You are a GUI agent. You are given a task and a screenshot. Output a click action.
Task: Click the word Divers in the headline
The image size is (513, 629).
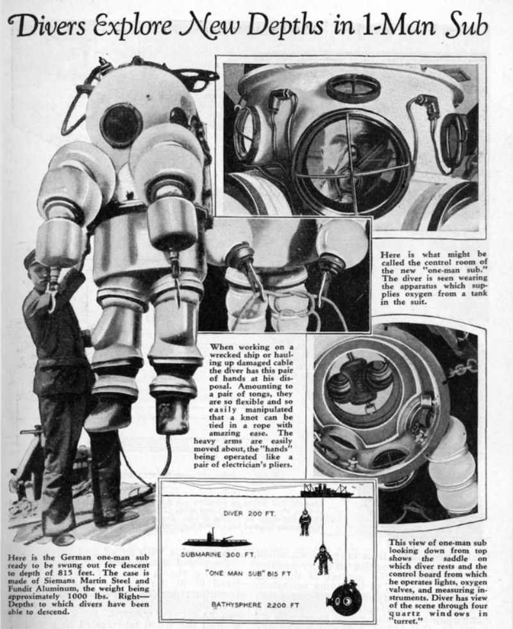[58, 26]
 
